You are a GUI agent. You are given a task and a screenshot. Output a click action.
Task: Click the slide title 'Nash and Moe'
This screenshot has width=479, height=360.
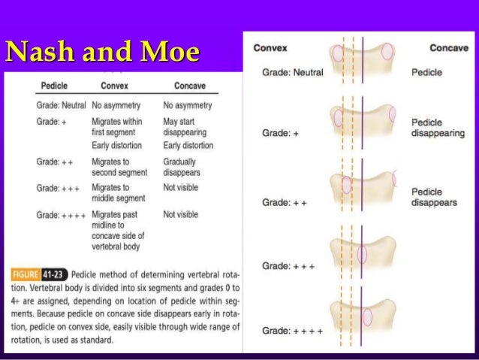coord(103,52)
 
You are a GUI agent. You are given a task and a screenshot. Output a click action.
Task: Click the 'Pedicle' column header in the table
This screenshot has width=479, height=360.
coord(54,86)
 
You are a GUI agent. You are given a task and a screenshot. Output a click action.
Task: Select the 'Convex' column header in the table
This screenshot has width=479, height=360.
coord(115,86)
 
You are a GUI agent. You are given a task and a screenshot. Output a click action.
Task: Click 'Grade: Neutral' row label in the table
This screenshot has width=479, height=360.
coord(61,105)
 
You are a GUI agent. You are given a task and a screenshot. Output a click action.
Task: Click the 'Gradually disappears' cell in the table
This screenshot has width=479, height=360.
coord(182,167)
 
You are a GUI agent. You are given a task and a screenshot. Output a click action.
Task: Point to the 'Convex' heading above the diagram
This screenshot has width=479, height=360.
coord(270,48)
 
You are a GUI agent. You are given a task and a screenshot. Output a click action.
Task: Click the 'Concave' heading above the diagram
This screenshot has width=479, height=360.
coord(448,48)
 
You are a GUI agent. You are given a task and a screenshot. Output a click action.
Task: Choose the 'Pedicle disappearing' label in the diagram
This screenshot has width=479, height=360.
coord(438,128)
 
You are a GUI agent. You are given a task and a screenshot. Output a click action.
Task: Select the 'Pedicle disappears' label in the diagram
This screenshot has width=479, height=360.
coord(434,198)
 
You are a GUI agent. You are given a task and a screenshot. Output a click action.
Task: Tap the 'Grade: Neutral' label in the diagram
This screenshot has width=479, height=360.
coord(294,74)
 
